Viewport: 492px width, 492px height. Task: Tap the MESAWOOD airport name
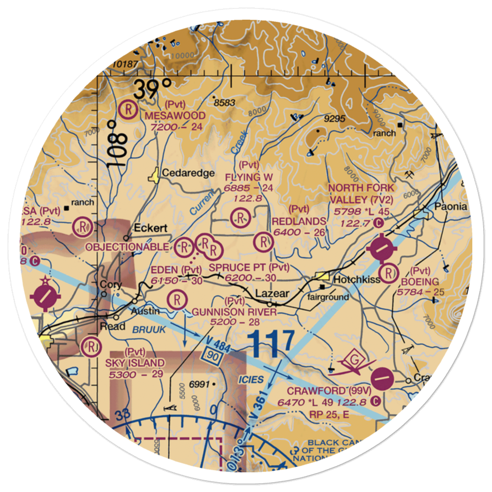[175, 116]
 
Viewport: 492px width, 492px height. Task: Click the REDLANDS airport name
[300, 221]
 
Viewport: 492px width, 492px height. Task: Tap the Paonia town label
[450, 207]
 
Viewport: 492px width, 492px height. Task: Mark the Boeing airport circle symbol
[390, 273]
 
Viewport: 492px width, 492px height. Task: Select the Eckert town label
[151, 229]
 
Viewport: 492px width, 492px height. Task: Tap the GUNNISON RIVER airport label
[234, 312]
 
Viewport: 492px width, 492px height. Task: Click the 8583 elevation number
[225, 103]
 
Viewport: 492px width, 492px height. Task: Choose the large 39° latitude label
[154, 90]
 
